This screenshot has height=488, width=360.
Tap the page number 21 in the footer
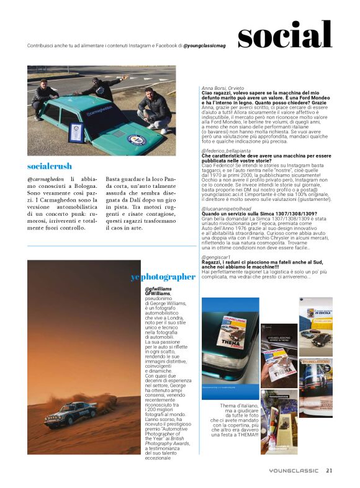click(x=329, y=470)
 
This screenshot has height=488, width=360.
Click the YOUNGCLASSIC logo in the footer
click(x=294, y=471)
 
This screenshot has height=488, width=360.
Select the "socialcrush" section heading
click(x=50, y=166)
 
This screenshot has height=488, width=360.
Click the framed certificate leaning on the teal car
click(x=75, y=132)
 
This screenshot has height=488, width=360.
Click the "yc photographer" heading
click(x=163, y=277)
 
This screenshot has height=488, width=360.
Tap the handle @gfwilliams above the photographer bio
click(x=158, y=289)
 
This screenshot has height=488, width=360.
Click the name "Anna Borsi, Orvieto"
click(x=223, y=88)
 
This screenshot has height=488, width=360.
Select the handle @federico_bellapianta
click(x=230, y=151)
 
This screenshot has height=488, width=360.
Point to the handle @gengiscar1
click(x=216, y=256)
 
